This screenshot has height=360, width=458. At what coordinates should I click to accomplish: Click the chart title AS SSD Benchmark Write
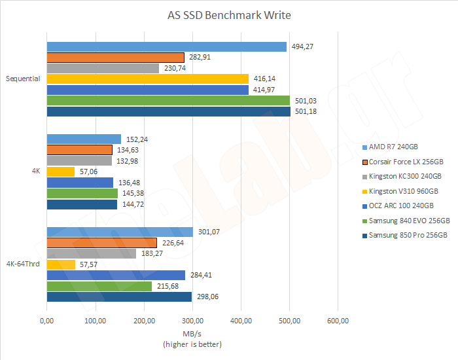tap(229, 15)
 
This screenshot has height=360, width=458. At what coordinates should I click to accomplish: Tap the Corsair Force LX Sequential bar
tap(115, 58)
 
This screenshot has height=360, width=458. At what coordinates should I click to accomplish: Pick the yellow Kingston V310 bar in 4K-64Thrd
tap(61, 264)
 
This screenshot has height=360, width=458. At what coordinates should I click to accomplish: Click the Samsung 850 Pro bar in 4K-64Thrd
tap(120, 297)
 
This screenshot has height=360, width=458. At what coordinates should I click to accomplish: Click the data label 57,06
tap(88, 171)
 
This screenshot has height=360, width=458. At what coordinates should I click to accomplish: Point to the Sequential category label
tap(23, 79)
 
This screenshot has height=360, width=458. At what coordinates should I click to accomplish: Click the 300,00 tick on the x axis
tap(192, 321)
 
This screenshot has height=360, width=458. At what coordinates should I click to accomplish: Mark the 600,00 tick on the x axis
tap(338, 321)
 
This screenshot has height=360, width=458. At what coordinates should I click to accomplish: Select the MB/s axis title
tap(192, 334)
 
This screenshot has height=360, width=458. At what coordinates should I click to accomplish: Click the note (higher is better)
tap(192, 344)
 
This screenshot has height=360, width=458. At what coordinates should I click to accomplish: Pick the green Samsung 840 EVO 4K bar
tap(82, 193)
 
